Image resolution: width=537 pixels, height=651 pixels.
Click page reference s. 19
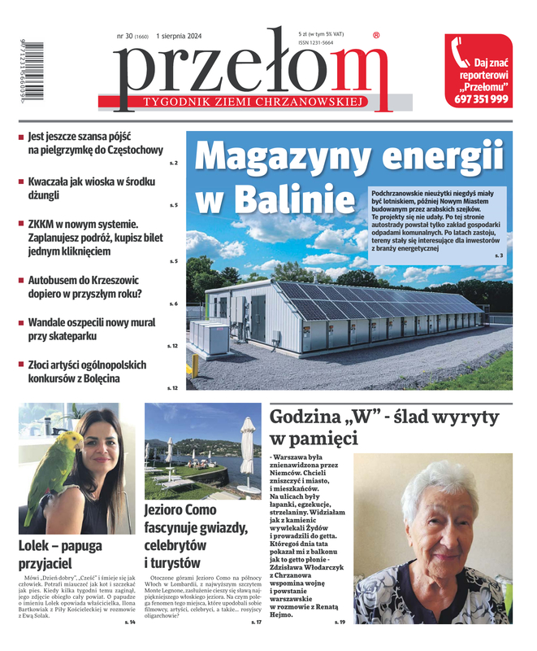click(340, 622)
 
